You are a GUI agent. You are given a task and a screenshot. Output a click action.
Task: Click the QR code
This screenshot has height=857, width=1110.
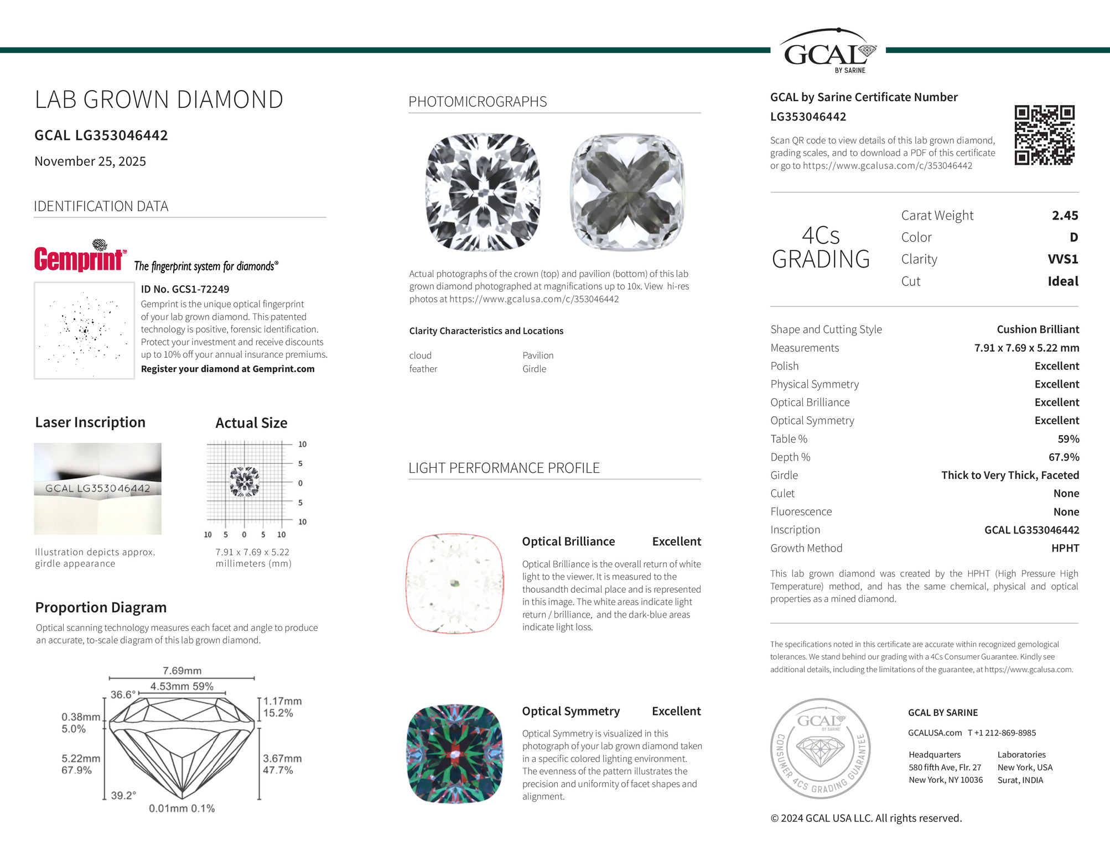point(1044,135)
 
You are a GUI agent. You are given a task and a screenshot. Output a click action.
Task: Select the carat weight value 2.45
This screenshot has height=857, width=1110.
point(1065,216)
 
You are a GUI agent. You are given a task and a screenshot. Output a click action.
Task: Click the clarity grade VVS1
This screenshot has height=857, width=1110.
point(1062,259)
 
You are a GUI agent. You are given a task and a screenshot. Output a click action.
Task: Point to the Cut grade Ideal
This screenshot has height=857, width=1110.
point(1062,281)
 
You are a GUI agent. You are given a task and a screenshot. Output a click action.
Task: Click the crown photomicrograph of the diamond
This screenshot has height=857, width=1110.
point(483,192)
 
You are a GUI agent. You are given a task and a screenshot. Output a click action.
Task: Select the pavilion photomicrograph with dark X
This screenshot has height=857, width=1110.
point(627,192)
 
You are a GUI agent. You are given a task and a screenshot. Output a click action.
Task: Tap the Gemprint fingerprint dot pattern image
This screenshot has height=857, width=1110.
point(84,331)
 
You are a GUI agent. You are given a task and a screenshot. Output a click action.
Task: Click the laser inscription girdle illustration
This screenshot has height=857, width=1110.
point(97,488)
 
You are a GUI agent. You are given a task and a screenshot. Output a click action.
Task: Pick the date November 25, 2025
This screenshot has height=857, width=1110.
point(90,161)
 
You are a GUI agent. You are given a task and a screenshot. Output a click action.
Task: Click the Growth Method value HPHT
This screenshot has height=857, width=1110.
point(1065,548)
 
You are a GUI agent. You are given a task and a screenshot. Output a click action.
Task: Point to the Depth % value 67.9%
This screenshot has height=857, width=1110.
point(1064,457)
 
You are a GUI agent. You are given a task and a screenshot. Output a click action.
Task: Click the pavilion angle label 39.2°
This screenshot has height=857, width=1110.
point(123,796)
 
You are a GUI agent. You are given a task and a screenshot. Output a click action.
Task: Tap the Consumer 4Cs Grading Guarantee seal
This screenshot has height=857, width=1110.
point(821,748)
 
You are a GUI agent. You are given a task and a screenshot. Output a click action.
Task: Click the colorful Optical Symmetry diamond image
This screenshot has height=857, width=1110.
point(455,754)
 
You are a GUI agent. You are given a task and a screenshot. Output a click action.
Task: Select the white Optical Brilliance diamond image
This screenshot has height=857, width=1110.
point(455,584)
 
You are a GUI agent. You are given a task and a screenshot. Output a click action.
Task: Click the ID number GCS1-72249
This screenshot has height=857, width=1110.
point(185,289)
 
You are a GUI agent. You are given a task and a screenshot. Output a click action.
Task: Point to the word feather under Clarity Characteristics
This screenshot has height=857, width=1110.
point(423,369)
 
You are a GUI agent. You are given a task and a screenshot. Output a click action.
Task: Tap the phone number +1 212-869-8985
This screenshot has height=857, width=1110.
point(1002,733)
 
